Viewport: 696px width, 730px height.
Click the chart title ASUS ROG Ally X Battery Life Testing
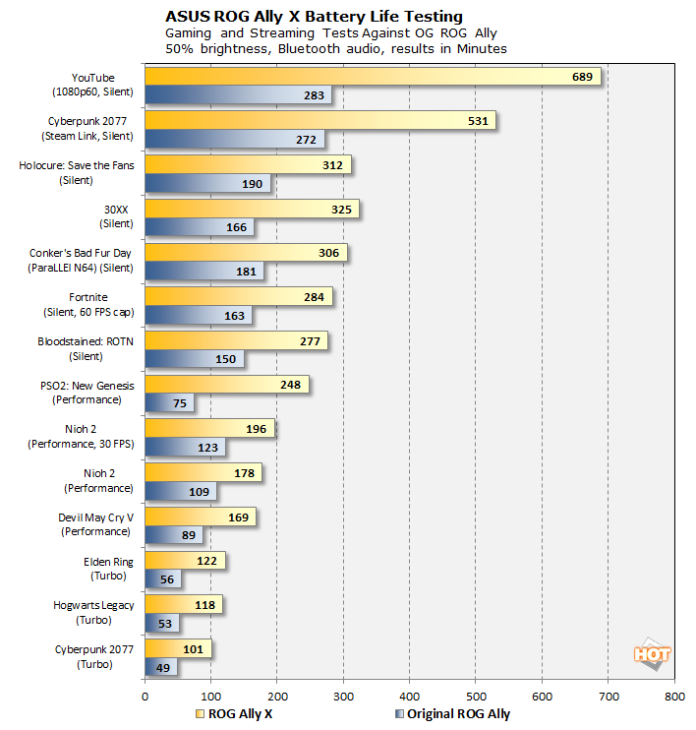coord(315,17)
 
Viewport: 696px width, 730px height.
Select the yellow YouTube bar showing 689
coord(373,77)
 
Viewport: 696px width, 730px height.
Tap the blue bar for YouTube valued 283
coord(238,95)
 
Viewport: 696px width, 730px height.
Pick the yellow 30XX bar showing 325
coord(252,209)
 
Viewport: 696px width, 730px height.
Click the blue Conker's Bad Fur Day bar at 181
coord(203,272)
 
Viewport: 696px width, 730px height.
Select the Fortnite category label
coord(88,296)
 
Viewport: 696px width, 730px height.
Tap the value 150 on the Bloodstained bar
coord(225,359)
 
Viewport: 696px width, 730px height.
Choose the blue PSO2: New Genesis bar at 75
coord(169,402)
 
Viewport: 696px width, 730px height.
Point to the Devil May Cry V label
coord(95,517)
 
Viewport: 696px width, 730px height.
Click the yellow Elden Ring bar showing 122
coord(185,560)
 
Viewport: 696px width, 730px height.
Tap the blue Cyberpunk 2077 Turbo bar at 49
coord(161,666)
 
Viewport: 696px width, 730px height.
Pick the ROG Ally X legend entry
coord(236,714)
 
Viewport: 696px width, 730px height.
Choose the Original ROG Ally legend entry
coord(453,714)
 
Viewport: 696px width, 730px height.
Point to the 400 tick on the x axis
coord(410,695)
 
